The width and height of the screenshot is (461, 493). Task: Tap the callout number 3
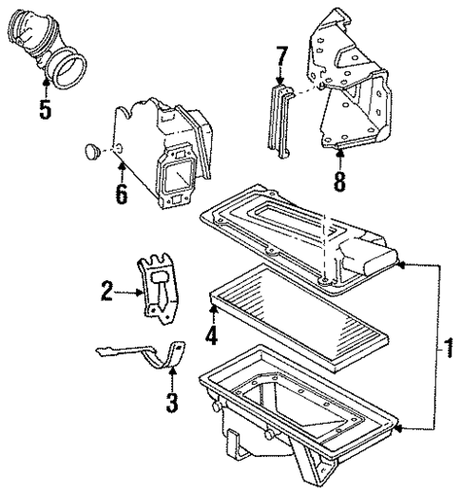171,404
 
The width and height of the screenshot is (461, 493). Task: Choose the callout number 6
121,195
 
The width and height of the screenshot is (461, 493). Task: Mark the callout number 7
281,63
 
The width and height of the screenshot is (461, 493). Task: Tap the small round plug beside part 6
91,149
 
